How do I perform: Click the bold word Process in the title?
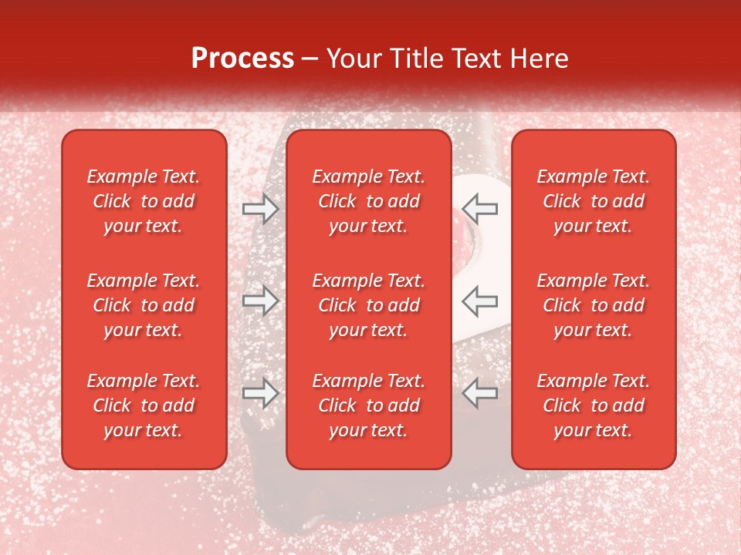(x=242, y=59)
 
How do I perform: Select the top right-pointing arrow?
(x=260, y=209)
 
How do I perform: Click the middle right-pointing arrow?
(x=260, y=301)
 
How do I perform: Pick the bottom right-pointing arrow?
(x=260, y=393)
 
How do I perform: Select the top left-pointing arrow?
(x=480, y=209)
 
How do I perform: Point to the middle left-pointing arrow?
(x=480, y=301)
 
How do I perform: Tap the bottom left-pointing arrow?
(x=480, y=393)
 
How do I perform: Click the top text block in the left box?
(x=144, y=201)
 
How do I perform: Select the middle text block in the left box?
(x=144, y=305)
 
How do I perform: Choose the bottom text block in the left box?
(x=144, y=405)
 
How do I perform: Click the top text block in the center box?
(x=369, y=201)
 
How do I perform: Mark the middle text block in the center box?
(x=369, y=305)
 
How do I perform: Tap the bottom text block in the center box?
(x=369, y=405)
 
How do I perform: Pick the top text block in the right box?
(x=594, y=201)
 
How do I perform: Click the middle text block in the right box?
(x=594, y=305)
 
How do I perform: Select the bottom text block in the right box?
(x=594, y=405)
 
